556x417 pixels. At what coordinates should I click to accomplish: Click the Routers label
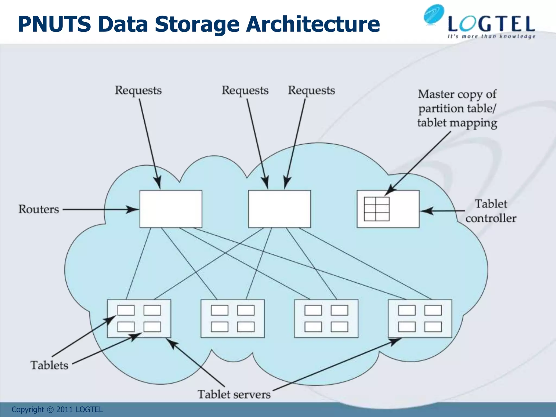tap(39, 209)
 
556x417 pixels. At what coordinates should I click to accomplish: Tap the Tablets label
tap(49, 365)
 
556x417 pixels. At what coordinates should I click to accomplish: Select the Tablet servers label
tap(234, 394)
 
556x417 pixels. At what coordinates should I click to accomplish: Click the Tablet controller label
tap(491, 211)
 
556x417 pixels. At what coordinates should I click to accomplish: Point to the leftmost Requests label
tap(138, 90)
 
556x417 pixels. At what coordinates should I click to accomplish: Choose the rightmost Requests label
tap(311, 90)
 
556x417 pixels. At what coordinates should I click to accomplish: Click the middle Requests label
tap(245, 90)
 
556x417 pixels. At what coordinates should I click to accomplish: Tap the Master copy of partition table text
tap(457, 108)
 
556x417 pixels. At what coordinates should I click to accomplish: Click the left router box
tap(171, 209)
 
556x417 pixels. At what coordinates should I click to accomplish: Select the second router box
tap(279, 209)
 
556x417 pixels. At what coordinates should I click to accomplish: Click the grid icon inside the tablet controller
tap(377, 209)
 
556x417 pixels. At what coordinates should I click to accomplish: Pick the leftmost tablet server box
tap(139, 318)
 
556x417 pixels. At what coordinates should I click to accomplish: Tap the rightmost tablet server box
tap(420, 318)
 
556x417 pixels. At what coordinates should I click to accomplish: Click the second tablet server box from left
tap(233, 318)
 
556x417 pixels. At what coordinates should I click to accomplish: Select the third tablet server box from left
tap(326, 318)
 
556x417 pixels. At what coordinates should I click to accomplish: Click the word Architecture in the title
tap(312, 24)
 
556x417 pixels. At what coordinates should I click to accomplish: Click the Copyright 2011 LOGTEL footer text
tap(57, 409)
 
